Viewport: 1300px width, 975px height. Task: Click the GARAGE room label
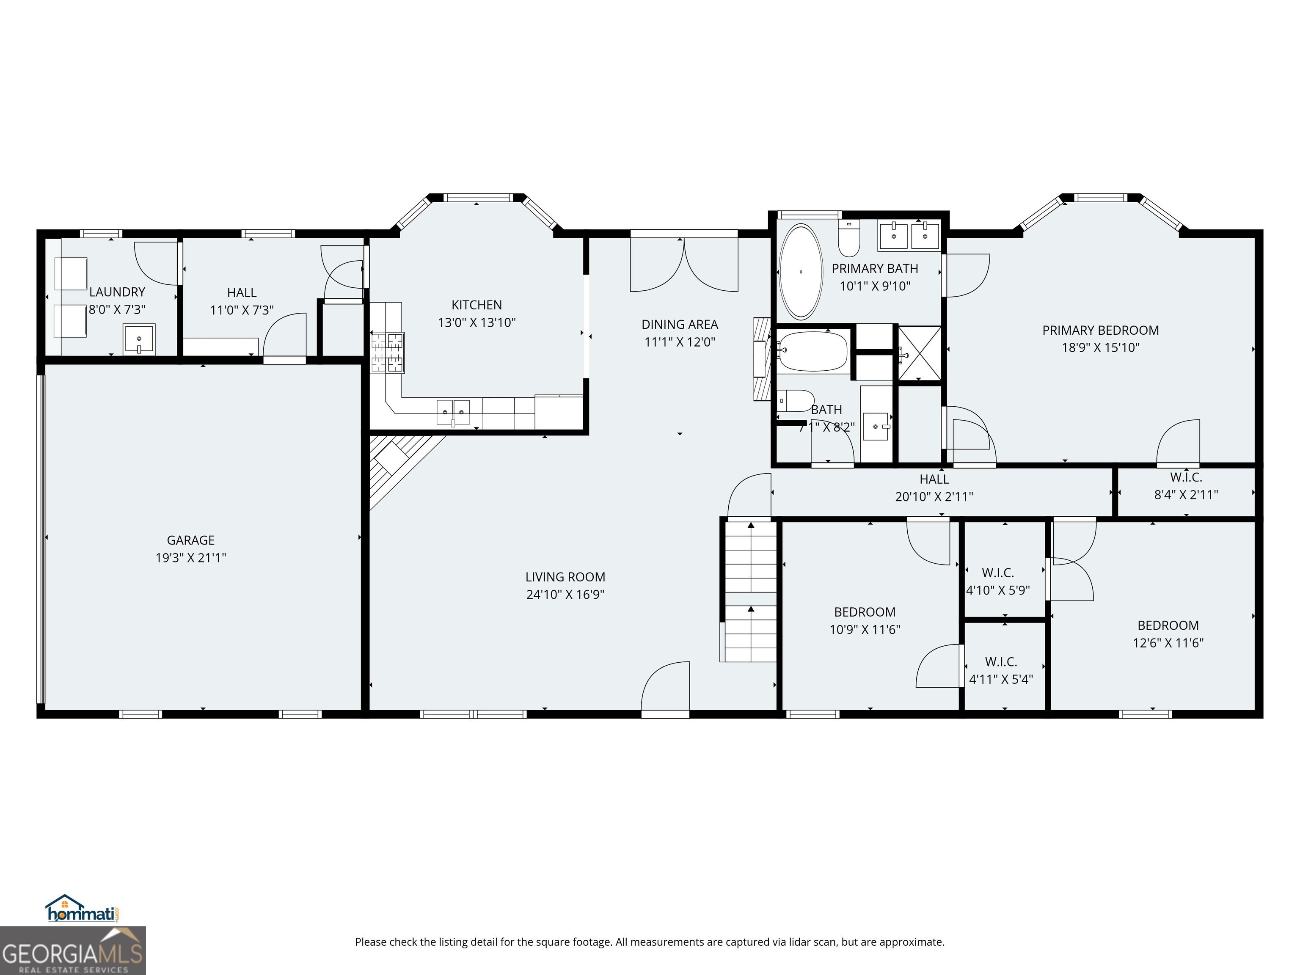coord(190,540)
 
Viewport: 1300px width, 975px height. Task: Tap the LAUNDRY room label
coord(117,292)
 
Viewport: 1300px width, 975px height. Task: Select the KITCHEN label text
coord(476,305)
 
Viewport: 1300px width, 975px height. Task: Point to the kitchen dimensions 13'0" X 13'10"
coord(476,322)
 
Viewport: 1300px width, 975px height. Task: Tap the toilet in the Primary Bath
coord(848,238)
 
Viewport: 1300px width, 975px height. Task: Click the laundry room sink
coord(139,339)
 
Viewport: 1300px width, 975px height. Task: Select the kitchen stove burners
coord(387,352)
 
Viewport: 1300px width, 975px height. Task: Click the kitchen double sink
coord(453,411)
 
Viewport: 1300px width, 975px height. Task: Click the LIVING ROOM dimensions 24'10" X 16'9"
coord(565,595)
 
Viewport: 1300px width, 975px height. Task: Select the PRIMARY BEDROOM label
coord(1100,330)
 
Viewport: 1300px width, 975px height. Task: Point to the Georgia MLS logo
coord(73,950)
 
